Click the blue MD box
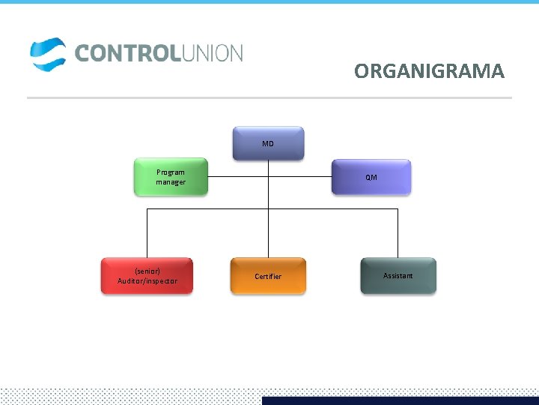pyautogui.click(x=268, y=142)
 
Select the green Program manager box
pyautogui.click(x=171, y=177)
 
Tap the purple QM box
pyautogui.click(x=371, y=177)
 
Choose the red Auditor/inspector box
pyautogui.click(x=147, y=275)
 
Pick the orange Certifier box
pyautogui.click(x=268, y=276)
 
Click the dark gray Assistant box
pyautogui.click(x=398, y=275)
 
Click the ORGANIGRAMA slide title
pyautogui.click(x=429, y=71)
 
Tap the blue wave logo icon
pyautogui.click(x=48, y=54)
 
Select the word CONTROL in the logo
pyautogui.click(x=125, y=53)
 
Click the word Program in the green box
pyautogui.click(x=171, y=172)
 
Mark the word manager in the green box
pyautogui.click(x=171, y=182)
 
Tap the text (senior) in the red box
pyautogui.click(x=147, y=271)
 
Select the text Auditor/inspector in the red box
pyautogui.click(x=147, y=281)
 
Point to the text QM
pyautogui.click(x=371, y=178)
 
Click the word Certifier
pyautogui.click(x=268, y=277)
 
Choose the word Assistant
pyautogui.click(x=398, y=276)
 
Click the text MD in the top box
pyautogui.click(x=268, y=143)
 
